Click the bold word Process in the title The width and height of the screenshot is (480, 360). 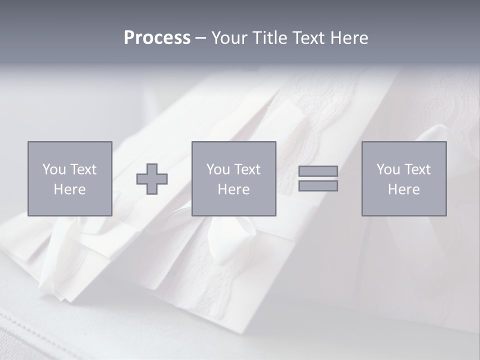coord(157,38)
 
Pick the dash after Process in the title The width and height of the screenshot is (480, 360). coord(200,38)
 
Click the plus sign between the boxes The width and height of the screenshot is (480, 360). coord(152,179)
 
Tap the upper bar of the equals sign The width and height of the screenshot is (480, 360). coord(318,171)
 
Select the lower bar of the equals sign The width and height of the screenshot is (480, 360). coord(318,186)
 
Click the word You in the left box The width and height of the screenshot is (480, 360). coord(54,169)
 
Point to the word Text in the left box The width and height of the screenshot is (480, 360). coord(82,169)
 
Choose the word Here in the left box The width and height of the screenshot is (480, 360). coord(69,189)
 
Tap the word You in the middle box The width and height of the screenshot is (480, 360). coord(218,169)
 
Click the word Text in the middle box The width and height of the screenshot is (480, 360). coord(246,169)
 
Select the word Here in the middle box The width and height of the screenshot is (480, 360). coord(233,189)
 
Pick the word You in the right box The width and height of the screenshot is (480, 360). coord(388,169)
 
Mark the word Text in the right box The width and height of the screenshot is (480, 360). coord(416,169)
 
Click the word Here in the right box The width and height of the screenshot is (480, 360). coord(403,189)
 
